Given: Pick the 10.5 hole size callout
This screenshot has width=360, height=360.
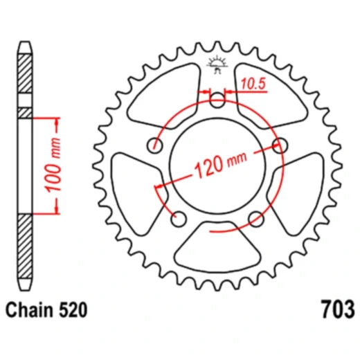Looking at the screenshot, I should [253, 85].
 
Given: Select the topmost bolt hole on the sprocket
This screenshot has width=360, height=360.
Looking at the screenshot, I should [217, 100].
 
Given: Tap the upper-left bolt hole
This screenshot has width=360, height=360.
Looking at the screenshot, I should [156, 145].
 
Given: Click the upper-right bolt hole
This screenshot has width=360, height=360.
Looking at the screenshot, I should [280, 145].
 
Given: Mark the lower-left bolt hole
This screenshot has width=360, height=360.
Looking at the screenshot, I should [179, 218].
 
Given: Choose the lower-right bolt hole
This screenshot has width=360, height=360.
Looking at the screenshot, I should [255, 218].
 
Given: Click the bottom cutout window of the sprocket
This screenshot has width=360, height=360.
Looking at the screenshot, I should [217, 246].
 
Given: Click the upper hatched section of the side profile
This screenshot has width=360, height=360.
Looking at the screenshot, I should [26, 76].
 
